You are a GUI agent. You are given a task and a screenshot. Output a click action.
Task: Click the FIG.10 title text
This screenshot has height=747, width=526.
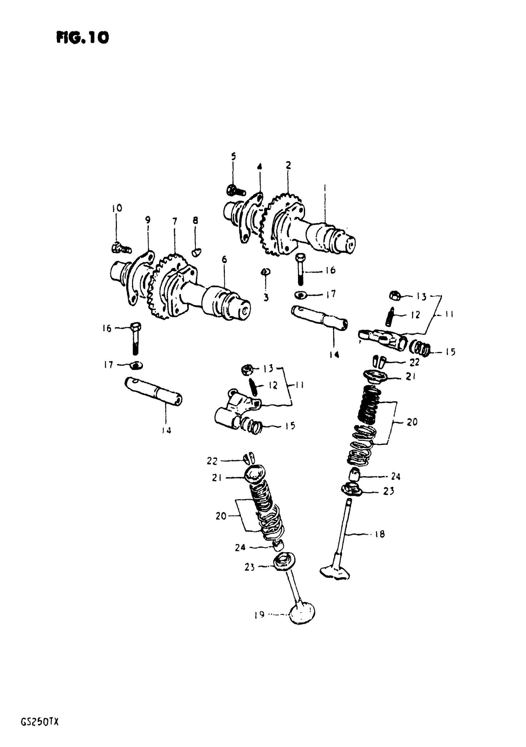tap(83, 38)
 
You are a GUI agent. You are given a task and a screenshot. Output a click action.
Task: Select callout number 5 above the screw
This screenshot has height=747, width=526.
tap(233, 157)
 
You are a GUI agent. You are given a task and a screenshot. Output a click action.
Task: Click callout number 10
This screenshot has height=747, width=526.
tap(117, 208)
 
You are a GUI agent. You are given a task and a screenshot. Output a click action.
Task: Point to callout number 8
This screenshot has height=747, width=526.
tap(195, 221)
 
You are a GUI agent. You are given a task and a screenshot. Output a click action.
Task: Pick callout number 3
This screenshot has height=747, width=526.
tap(266, 297)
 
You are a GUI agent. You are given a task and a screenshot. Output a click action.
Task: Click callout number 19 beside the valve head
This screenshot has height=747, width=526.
tap(259, 615)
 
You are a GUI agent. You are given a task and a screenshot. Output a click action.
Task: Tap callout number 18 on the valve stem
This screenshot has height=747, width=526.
tap(380, 534)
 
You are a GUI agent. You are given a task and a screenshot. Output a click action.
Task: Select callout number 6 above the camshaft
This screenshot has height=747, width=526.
tap(224, 259)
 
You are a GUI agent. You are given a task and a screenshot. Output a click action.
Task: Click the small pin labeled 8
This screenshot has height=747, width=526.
tap(196, 251)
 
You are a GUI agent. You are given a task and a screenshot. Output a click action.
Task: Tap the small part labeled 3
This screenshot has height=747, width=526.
tap(265, 272)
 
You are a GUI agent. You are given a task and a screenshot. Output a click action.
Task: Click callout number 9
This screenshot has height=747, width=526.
tap(148, 220)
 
